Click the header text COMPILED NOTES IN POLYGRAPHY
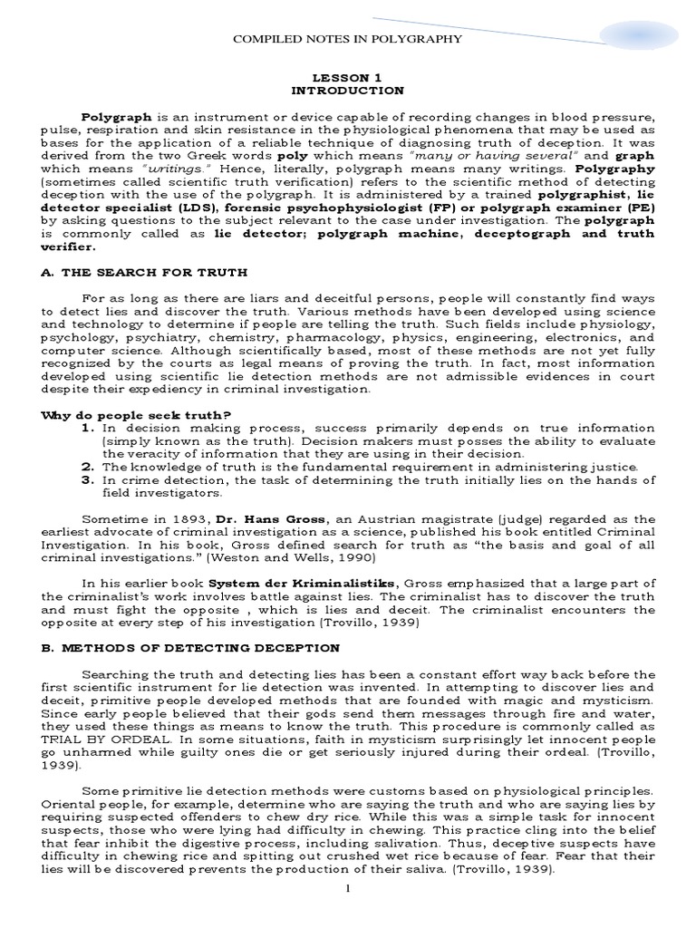(x=348, y=39)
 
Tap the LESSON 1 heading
(x=348, y=79)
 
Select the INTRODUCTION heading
(x=348, y=92)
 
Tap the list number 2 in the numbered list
(x=88, y=466)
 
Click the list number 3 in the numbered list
(x=88, y=478)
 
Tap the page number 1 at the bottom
(x=347, y=913)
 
